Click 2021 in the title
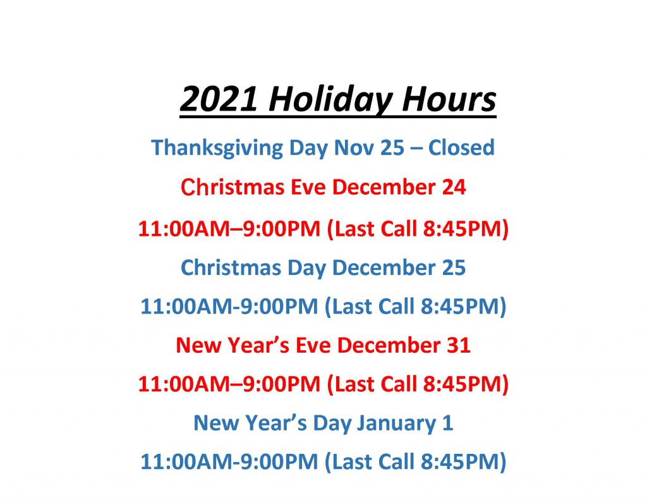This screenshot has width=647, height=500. click(219, 99)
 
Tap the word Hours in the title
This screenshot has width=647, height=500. click(449, 99)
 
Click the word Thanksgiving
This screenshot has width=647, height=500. click(217, 148)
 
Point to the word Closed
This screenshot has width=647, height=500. click(461, 147)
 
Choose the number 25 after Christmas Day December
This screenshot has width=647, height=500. click(454, 267)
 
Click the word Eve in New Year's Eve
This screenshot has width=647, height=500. click(313, 345)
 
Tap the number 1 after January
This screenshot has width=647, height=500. click(448, 424)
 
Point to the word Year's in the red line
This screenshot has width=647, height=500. click(258, 345)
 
